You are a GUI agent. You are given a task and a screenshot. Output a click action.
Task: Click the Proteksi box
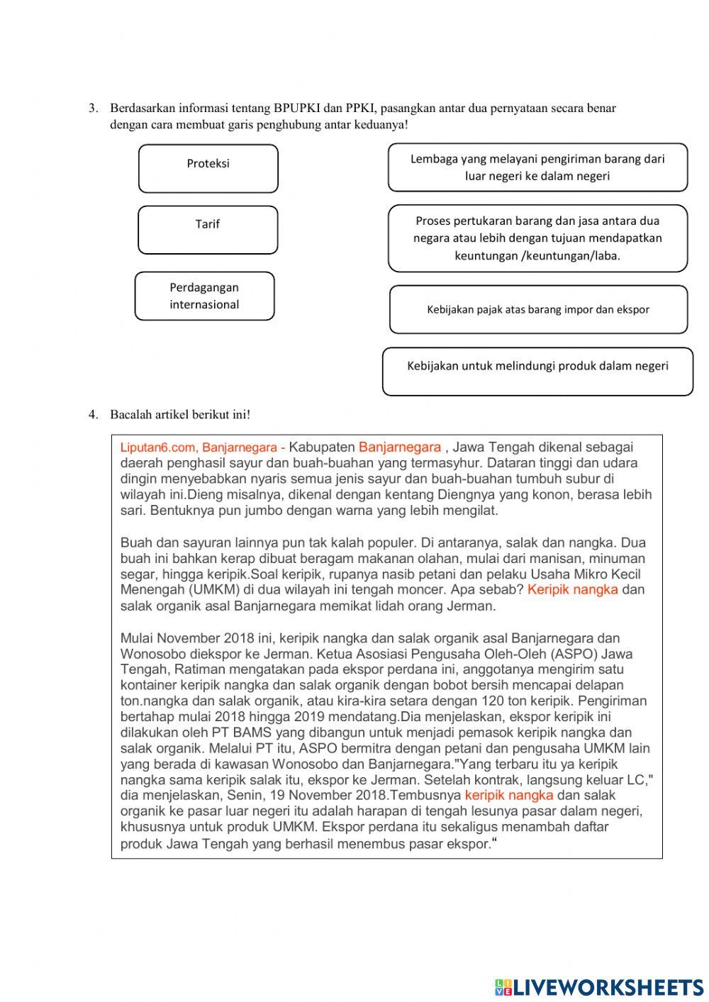[208, 169]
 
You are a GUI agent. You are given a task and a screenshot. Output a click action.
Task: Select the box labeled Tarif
[208, 230]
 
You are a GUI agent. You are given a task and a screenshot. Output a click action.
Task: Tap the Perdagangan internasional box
[204, 296]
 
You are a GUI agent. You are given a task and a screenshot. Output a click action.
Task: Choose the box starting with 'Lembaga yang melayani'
[537, 167]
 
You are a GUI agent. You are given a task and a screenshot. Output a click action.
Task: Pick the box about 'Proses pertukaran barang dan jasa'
[537, 238]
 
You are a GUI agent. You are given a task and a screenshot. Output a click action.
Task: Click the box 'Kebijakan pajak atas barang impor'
[538, 309]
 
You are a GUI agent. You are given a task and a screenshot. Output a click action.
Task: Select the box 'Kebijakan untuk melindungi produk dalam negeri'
[537, 371]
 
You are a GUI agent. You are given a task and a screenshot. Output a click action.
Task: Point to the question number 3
[93, 108]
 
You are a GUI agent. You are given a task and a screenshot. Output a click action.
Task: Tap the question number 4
[93, 414]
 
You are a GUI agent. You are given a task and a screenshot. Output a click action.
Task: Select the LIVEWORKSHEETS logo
[599, 987]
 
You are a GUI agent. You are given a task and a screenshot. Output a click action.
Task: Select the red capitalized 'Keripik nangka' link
[573, 589]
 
